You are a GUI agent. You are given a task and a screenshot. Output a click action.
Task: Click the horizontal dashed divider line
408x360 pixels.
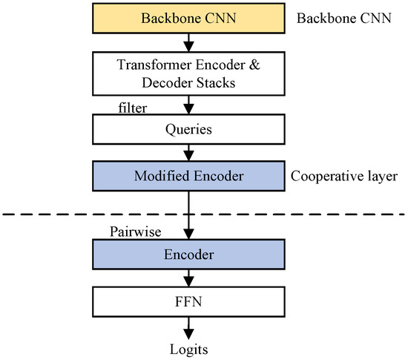coord(74,215)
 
